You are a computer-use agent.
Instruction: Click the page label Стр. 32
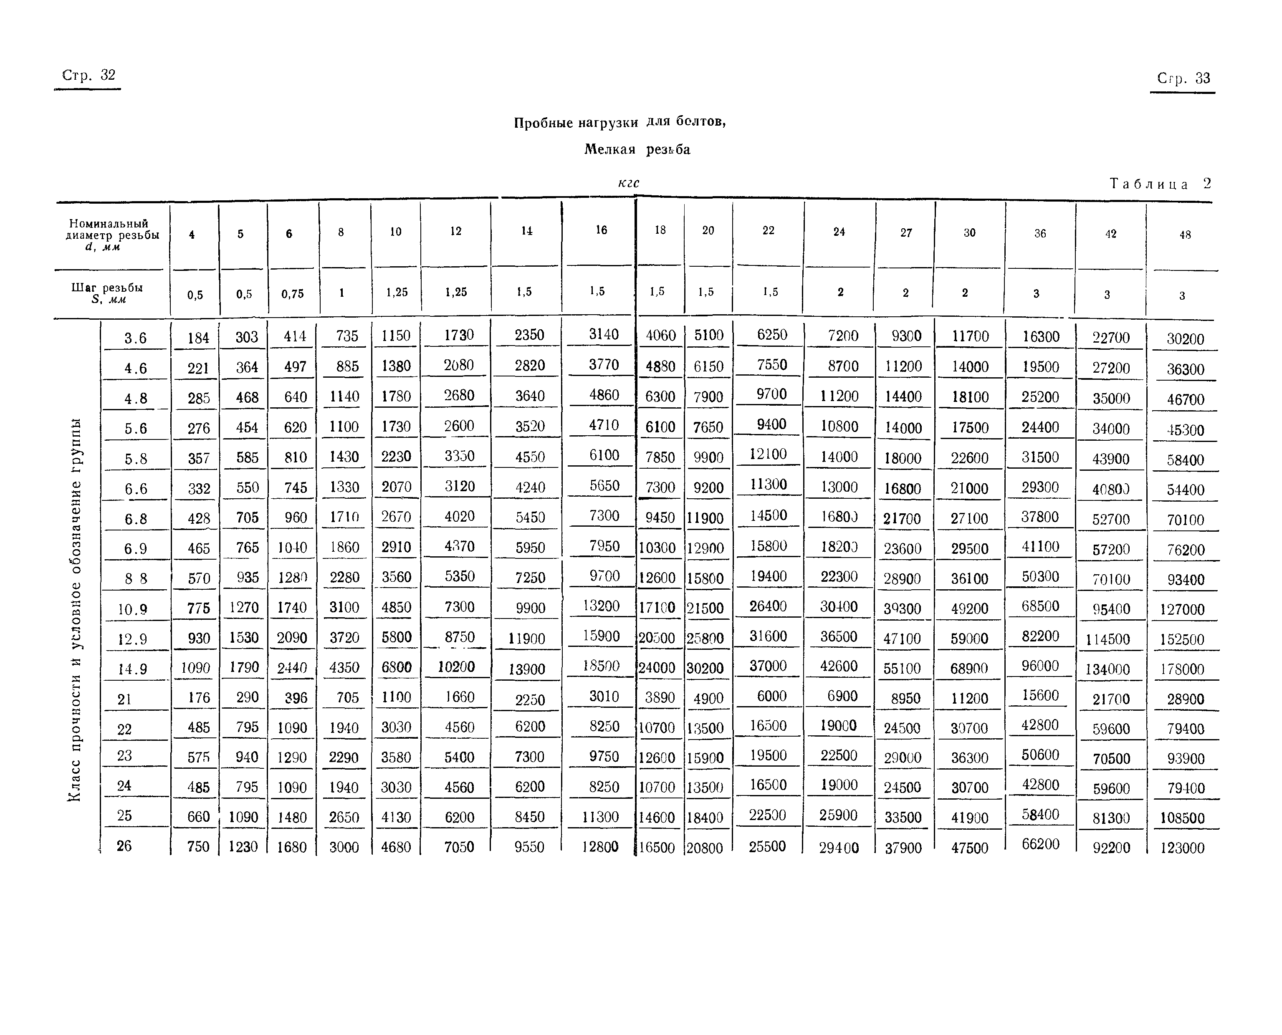click(x=88, y=76)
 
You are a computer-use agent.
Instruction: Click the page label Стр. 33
click(x=1183, y=78)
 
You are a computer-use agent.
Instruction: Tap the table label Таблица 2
click(x=1160, y=184)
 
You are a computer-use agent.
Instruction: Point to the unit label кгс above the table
click(x=629, y=183)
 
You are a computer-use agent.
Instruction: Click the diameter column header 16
click(x=601, y=230)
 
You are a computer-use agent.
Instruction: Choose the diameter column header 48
click(x=1185, y=235)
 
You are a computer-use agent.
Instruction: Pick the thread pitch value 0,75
click(x=292, y=293)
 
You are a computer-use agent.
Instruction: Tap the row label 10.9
click(x=132, y=609)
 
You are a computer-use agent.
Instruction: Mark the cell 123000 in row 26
click(x=1182, y=848)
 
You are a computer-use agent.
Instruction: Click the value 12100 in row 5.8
click(x=768, y=454)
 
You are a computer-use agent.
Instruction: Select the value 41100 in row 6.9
click(x=1040, y=546)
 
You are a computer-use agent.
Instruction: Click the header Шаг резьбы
click(x=107, y=292)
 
